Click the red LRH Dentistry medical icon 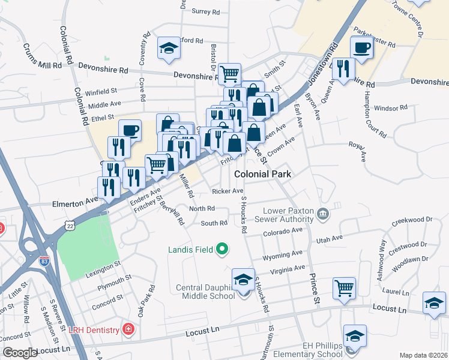pos(127,328)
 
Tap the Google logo pos(20,353)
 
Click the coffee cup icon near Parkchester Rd pos(362,47)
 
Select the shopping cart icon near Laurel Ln pos(344,287)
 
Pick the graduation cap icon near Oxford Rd pos(169,48)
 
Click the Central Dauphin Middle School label pos(205,292)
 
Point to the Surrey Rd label pos(206,11)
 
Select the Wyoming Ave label pos(282,256)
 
